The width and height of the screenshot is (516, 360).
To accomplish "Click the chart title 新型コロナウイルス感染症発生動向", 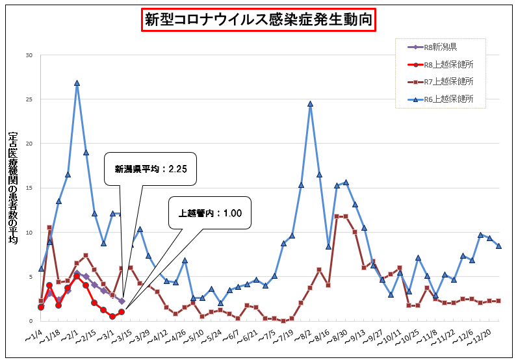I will click(259, 20).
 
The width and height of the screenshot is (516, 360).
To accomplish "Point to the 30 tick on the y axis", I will click(29, 55).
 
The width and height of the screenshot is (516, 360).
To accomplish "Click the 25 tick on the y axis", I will click(29, 99).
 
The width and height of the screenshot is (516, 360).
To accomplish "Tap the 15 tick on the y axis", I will click(29, 188).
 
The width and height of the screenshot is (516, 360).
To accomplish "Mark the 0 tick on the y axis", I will click(30, 321).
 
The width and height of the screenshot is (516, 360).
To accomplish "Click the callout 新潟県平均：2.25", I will click(151, 169).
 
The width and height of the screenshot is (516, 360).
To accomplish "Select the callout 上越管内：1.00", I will click(210, 212).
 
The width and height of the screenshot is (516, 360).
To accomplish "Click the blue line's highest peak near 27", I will click(77, 83).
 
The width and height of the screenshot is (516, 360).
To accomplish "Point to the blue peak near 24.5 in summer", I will click(311, 104).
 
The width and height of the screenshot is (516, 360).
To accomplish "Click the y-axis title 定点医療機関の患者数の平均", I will click(12, 188).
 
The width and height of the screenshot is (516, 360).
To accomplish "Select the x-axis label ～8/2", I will click(301, 338).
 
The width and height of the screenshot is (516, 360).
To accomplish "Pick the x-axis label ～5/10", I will click(194, 338).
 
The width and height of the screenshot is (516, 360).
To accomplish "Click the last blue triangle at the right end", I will click(498, 246).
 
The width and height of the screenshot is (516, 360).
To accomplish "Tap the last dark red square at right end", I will click(498, 300).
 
